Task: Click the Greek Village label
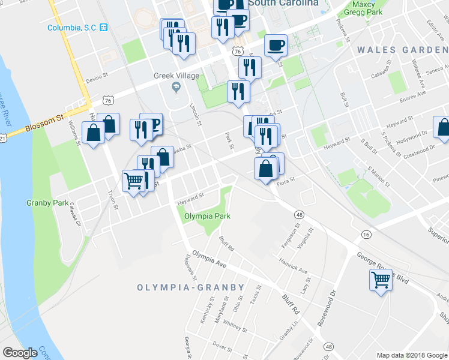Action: tap(176, 76)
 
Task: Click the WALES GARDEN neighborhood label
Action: tap(403, 50)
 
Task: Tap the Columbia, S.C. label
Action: tap(73, 28)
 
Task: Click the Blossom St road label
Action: tap(45, 125)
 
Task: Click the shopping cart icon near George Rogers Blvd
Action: tap(381, 279)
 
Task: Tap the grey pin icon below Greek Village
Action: tap(176, 88)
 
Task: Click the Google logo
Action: tap(20, 353)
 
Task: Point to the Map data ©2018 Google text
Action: tap(411, 355)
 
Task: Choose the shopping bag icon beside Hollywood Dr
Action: tap(443, 128)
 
